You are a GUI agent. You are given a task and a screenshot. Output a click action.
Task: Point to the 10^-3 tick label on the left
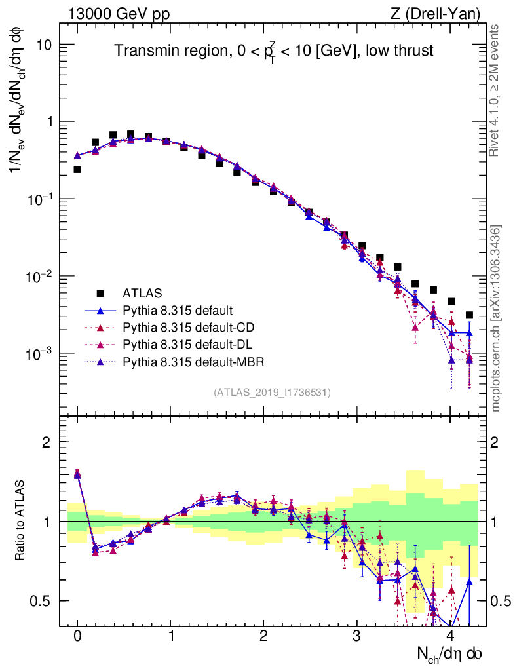click(39, 354)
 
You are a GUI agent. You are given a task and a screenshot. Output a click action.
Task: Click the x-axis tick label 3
click(357, 636)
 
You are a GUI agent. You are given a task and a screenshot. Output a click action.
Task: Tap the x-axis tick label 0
click(77, 636)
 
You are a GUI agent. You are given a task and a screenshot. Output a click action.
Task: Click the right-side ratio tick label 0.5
click(502, 601)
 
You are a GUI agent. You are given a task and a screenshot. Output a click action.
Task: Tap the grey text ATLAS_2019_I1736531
click(272, 393)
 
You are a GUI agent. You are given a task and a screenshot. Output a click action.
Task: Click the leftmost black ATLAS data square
click(77, 169)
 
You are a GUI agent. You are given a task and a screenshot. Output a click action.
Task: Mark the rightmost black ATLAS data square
click(469, 315)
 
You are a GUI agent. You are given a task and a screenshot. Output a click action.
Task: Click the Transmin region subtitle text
click(274, 51)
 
